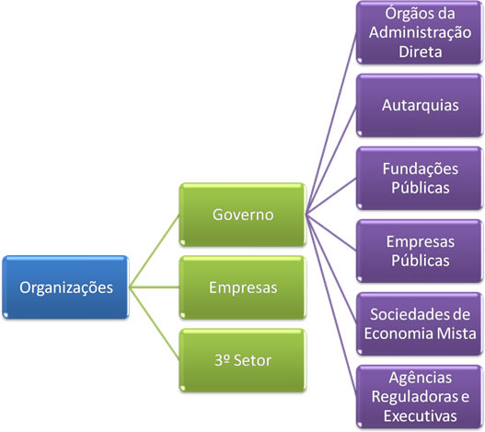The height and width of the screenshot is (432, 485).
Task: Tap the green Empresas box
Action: coord(243,287)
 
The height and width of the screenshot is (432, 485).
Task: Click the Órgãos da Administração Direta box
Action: coord(418,32)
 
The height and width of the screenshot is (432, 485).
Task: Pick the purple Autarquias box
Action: coord(418,104)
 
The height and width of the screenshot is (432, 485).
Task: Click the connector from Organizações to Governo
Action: coord(156,251)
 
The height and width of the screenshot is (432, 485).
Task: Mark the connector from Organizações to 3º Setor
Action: coord(156,324)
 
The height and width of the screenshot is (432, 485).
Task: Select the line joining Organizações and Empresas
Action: coord(156,287)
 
